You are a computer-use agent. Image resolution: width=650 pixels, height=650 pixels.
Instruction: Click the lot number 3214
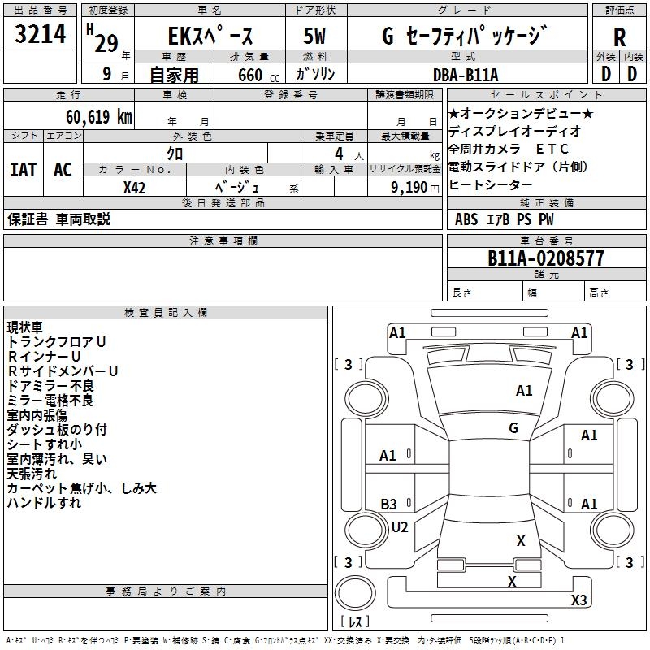pyautogui.click(x=41, y=36)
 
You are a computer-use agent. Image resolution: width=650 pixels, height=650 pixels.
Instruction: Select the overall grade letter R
pyautogui.click(x=619, y=37)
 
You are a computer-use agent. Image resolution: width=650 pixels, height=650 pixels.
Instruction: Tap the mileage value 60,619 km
pyautogui.click(x=90, y=117)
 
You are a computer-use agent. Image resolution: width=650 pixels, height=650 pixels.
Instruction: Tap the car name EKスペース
pyautogui.click(x=210, y=37)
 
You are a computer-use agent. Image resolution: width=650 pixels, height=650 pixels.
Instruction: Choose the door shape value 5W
pyautogui.click(x=314, y=37)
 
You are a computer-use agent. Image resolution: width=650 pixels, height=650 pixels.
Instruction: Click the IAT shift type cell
pyautogui.click(x=23, y=170)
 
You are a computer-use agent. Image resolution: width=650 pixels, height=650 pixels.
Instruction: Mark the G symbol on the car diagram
pyautogui.click(x=513, y=427)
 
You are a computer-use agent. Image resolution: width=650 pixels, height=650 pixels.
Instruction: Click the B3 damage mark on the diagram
pyautogui.click(x=389, y=505)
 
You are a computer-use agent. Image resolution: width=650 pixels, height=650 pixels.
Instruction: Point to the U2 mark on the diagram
pyautogui.click(x=400, y=527)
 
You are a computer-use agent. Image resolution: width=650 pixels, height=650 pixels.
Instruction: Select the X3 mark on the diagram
pyautogui.click(x=579, y=600)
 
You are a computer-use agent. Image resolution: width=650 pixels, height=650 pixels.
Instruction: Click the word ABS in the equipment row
pyautogui.click(x=466, y=219)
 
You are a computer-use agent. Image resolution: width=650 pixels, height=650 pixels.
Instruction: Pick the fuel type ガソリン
pyautogui.click(x=315, y=74)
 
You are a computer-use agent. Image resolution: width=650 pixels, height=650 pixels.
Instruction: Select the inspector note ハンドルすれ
pyautogui.click(x=44, y=503)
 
